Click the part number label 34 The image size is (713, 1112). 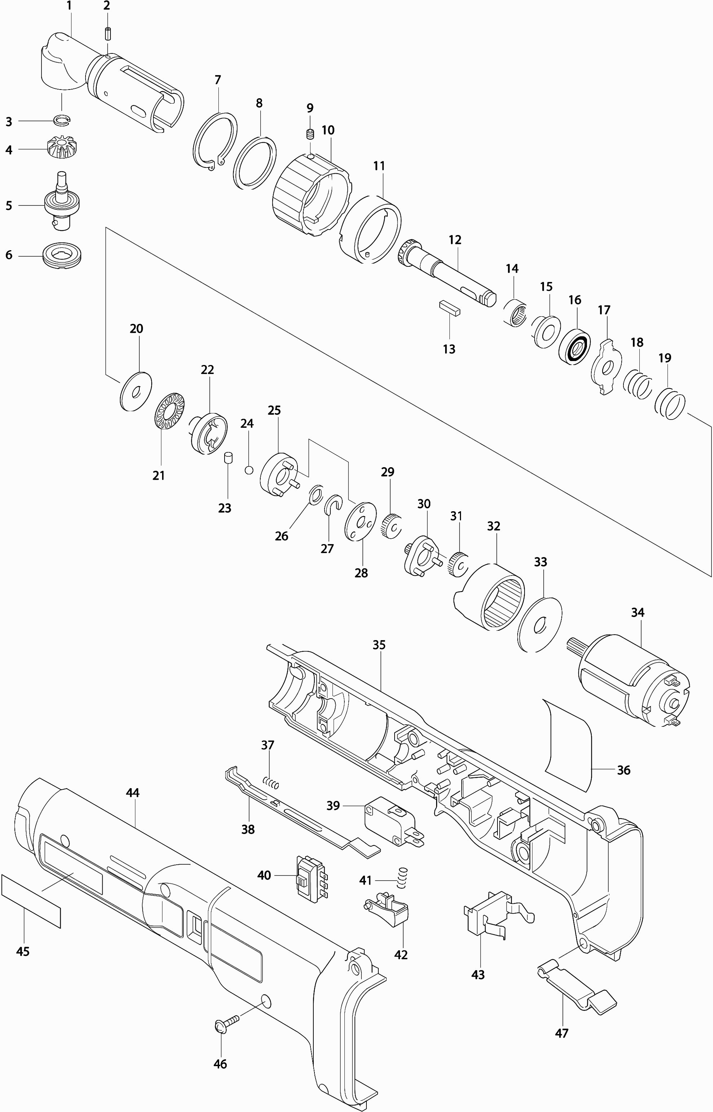pos(638,612)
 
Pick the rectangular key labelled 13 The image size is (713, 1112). pos(449,308)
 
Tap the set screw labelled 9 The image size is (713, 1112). pos(310,134)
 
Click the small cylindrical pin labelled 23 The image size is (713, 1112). pos(228,458)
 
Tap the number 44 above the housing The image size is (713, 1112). pos(132,793)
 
